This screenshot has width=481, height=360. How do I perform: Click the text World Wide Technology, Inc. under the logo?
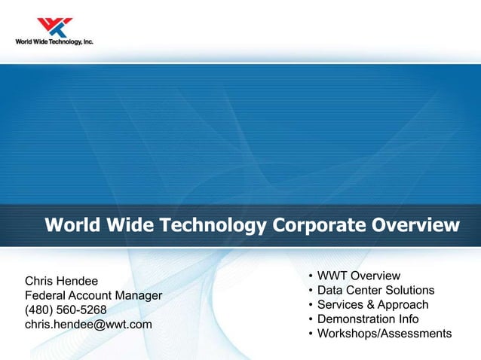click(x=54, y=42)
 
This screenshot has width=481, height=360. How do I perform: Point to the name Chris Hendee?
click(x=62, y=282)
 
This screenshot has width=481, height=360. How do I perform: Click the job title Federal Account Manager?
click(x=93, y=296)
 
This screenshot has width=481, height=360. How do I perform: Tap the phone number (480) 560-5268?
click(x=66, y=310)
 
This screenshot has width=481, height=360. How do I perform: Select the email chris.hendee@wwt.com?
click(x=89, y=325)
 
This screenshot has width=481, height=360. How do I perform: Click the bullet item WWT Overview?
click(x=358, y=276)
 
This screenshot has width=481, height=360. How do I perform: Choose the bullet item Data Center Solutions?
click(x=375, y=291)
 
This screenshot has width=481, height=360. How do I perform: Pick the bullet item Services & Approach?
click(x=372, y=305)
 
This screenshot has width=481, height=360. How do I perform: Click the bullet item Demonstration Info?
click(x=368, y=319)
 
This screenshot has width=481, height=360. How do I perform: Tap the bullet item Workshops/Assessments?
click(x=384, y=334)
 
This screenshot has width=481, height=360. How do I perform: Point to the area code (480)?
click(x=39, y=310)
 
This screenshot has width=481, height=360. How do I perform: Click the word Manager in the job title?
click(x=139, y=296)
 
